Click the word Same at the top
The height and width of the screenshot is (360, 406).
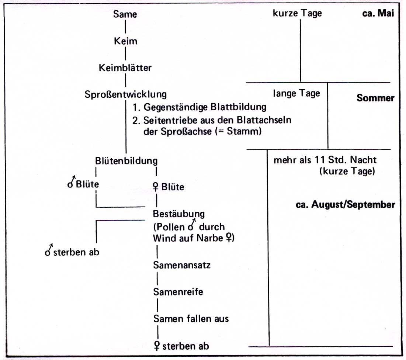[125, 14]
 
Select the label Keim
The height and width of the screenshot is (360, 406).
[125, 41]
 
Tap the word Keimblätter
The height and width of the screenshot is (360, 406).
[125, 67]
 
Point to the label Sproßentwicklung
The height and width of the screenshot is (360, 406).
[126, 94]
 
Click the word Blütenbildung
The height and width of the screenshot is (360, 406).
[126, 161]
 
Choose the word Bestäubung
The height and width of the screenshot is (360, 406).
[178, 214]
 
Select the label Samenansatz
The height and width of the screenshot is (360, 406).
[182, 265]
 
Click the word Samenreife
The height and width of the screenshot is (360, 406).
[178, 292]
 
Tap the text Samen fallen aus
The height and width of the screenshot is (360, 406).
[191, 319]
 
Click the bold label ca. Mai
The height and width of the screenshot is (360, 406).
[378, 13]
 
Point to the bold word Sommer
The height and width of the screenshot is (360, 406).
[375, 98]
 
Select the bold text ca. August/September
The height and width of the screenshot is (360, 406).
[346, 205]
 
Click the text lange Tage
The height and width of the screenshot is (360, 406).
[296, 93]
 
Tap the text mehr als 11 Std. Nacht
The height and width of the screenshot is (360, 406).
[325, 160]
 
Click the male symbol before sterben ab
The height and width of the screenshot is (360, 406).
[49, 250]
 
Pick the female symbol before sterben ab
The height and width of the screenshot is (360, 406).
[157, 346]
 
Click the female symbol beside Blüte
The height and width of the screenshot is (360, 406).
[156, 187]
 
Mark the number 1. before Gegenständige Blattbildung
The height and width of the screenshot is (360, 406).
[136, 107]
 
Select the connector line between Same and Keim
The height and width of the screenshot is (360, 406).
[125, 27]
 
